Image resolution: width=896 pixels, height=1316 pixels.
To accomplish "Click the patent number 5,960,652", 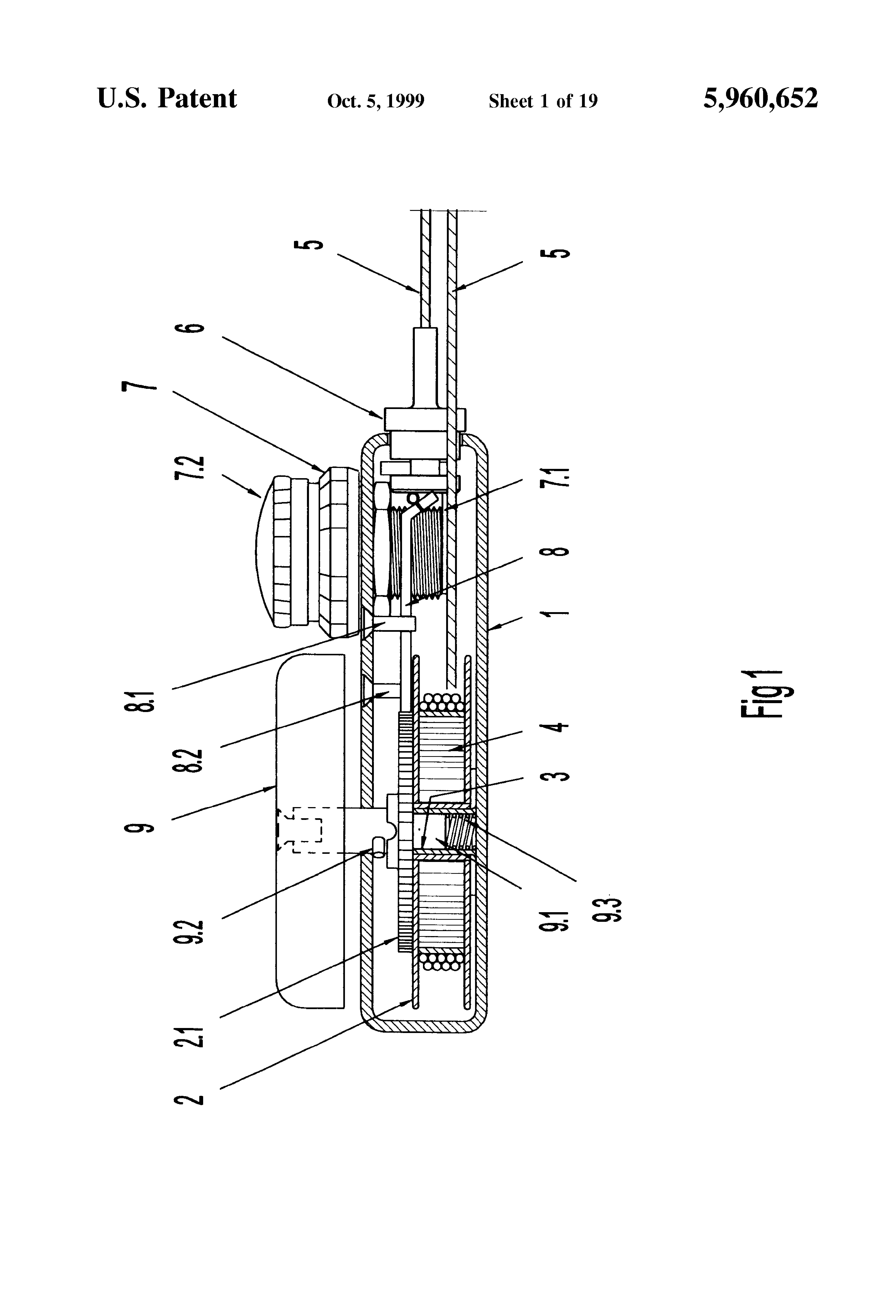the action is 761,99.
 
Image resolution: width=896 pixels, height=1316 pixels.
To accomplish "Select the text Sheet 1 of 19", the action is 543,101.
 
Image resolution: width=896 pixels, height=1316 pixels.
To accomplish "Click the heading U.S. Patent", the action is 167,99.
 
